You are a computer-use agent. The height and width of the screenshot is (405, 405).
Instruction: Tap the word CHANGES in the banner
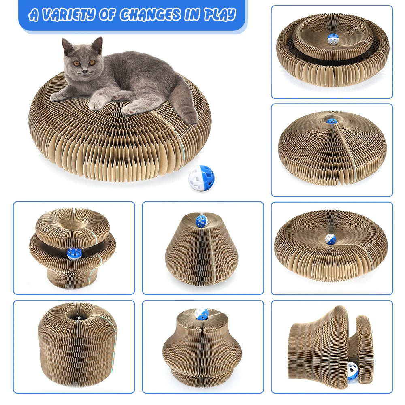tap(150, 15)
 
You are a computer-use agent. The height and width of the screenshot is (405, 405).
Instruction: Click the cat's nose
tap(84, 71)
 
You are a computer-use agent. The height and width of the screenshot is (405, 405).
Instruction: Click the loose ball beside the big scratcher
tap(201, 178)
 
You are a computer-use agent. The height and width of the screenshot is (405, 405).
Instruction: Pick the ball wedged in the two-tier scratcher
tap(75, 254)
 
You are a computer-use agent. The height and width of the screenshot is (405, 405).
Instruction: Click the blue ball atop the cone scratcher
tap(201, 222)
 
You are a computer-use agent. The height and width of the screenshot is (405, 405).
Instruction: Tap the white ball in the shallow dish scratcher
tap(330, 239)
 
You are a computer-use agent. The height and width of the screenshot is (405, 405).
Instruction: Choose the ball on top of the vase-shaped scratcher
tap(201, 313)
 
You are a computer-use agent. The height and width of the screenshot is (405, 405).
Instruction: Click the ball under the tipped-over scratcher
tap(353, 371)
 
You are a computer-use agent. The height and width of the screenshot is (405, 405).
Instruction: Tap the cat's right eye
tap(76, 63)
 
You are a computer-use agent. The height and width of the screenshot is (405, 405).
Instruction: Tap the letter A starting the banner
tap(34, 15)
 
